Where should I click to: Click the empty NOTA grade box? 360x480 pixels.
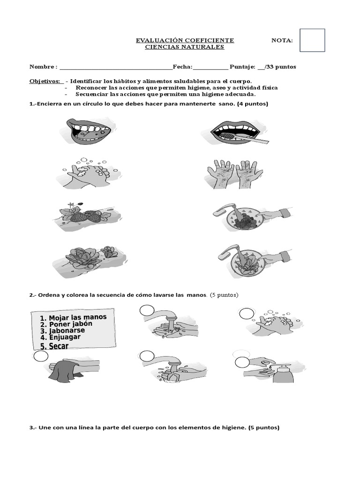(312, 40)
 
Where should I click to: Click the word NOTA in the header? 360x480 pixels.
(282, 41)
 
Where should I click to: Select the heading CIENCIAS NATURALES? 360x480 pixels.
(185, 47)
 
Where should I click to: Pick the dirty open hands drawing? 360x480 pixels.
(232, 174)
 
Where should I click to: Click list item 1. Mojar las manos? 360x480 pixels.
(77, 318)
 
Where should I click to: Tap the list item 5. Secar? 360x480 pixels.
(54, 346)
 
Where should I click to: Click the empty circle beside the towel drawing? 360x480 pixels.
(41, 357)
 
